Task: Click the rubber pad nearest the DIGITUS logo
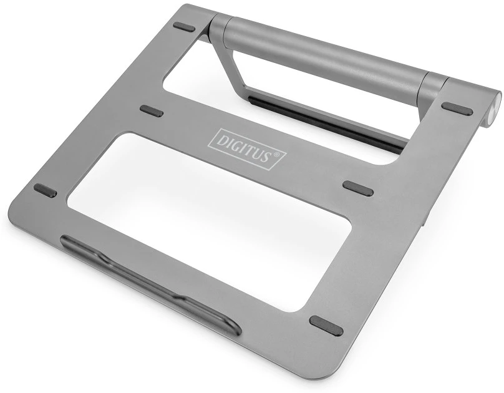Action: [x=151, y=111]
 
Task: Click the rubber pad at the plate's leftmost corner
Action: [x=45, y=190]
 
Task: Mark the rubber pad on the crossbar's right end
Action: [x=358, y=188]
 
